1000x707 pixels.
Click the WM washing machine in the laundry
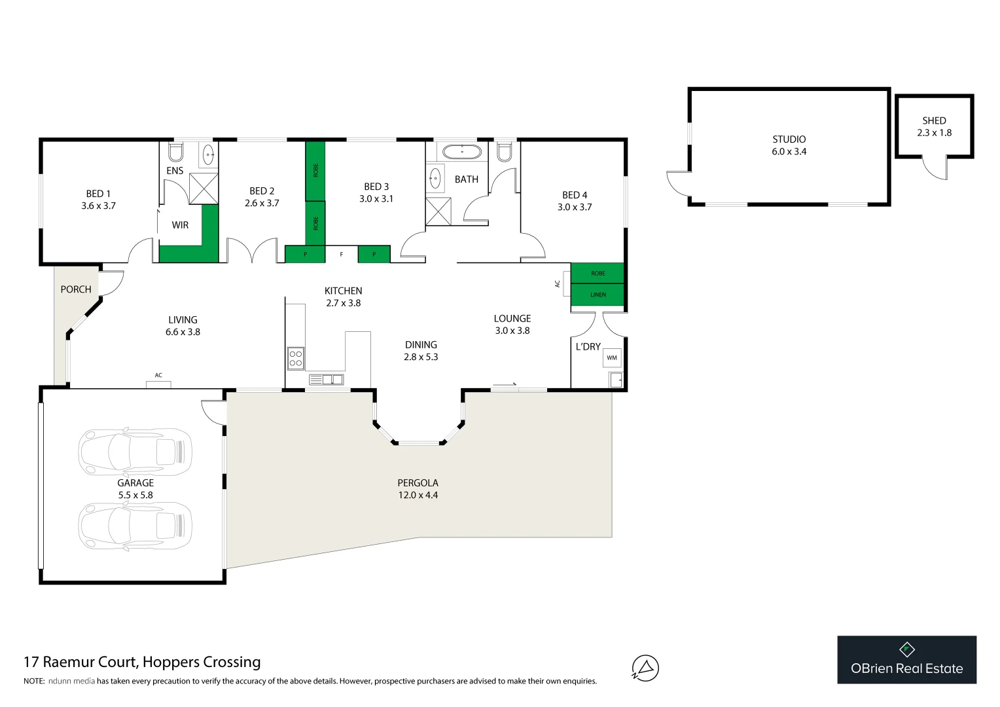coord(612,357)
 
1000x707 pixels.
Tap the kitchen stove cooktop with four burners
coord(296,358)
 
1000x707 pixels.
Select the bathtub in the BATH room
coord(462,152)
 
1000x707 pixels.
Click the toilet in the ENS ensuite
coord(175,153)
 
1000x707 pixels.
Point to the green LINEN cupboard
coord(598,295)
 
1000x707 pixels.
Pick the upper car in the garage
coord(135,451)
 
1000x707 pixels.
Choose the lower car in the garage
coord(135,525)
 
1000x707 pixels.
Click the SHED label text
coord(934,120)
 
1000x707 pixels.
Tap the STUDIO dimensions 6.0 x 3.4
coord(789,151)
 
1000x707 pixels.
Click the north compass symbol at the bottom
coord(645,668)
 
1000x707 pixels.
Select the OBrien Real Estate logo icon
coord(906,649)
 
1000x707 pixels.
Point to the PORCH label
coord(76,289)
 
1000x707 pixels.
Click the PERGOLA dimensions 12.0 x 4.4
coord(418,495)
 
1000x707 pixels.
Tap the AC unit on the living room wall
coord(158,384)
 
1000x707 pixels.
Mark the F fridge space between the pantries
coord(341,254)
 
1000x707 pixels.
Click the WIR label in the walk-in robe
coord(180,225)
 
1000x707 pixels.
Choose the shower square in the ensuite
coord(204,189)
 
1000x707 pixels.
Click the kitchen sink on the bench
coord(325,379)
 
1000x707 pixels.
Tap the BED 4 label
coord(575,195)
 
